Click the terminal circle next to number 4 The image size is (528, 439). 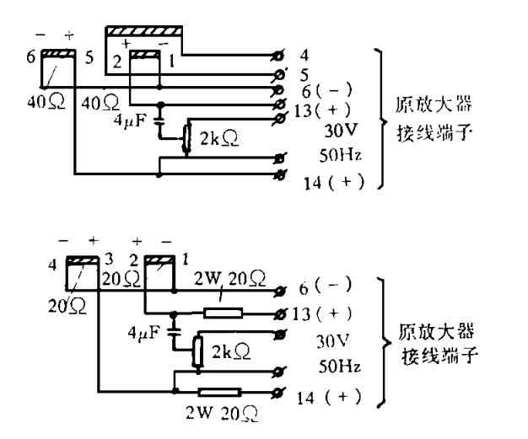click(x=280, y=56)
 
